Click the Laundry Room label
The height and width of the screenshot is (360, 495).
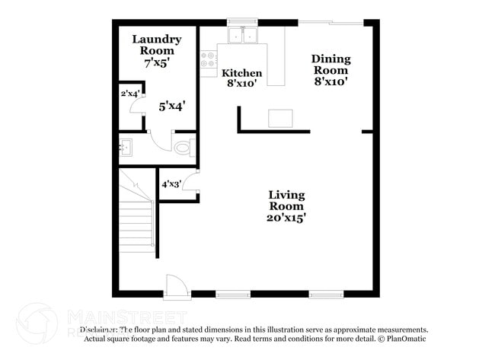point(156,45)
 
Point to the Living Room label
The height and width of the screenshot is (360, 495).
point(286,200)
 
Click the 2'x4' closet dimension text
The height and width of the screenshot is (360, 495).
point(129,94)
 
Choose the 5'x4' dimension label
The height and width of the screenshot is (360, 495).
point(172,107)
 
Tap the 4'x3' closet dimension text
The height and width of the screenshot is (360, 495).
point(171,183)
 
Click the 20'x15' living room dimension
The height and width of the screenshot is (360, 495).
point(286,217)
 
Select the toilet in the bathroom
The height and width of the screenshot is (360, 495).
point(183,147)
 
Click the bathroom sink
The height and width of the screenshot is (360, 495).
point(126,147)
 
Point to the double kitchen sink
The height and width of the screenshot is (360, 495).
point(244,34)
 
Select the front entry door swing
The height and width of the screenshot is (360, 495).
point(177,287)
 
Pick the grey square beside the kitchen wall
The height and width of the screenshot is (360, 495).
point(279,118)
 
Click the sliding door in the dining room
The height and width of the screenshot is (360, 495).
point(329,23)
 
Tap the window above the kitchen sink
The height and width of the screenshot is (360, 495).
point(244,22)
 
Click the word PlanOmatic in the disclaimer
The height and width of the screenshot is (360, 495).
point(405,338)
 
